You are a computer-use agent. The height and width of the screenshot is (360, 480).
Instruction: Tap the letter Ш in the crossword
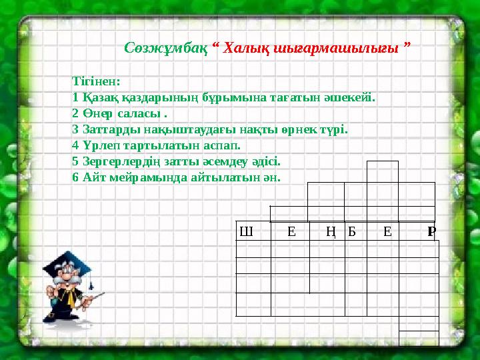pos(245,232)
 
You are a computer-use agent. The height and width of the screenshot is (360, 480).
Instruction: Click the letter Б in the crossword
pos(353,232)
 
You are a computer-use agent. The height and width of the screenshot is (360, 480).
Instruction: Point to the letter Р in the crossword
pos(432,232)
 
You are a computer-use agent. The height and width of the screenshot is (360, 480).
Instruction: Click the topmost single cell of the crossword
pos(382,171)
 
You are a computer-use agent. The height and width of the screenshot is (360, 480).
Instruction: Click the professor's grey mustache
pos(72,285)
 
